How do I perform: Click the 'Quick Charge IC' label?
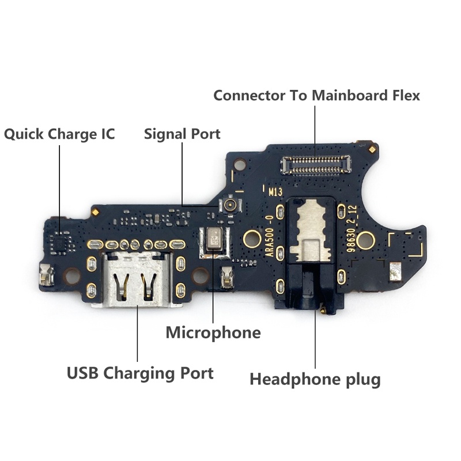click(59, 134)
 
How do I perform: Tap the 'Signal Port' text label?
click(182, 134)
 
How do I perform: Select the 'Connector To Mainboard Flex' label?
click(316, 96)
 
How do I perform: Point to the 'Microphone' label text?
click(213, 333)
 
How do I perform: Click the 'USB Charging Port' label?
click(140, 373)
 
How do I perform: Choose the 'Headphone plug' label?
click(315, 380)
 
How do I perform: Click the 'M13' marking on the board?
click(275, 192)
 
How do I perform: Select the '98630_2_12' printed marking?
click(352, 229)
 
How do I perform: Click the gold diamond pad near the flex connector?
click(372, 149)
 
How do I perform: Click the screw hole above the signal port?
click(240, 164)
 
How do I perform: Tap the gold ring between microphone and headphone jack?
click(252, 239)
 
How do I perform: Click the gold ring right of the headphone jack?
click(365, 240)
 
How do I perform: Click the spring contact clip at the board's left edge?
click(46, 275)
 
